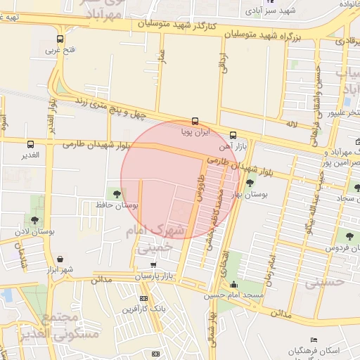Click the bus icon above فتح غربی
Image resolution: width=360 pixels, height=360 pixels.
[60, 39]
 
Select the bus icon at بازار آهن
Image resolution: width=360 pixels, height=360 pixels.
[233, 136]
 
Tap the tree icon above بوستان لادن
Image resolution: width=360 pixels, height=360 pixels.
[34, 220]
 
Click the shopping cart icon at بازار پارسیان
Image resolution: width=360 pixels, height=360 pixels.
[154, 264]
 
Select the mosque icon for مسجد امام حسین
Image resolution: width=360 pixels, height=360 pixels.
[233, 284]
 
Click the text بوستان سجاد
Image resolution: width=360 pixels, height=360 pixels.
[342, 199]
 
